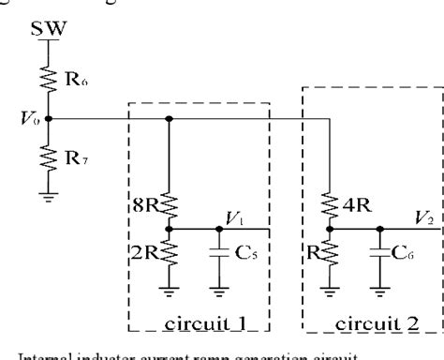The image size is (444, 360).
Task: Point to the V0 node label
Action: tap(28, 120)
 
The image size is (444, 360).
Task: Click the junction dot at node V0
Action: tap(49, 119)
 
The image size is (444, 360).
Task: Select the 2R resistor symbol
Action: tap(169, 247)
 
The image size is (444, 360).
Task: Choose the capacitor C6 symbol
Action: tap(379, 252)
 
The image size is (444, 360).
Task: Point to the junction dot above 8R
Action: tap(169, 119)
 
